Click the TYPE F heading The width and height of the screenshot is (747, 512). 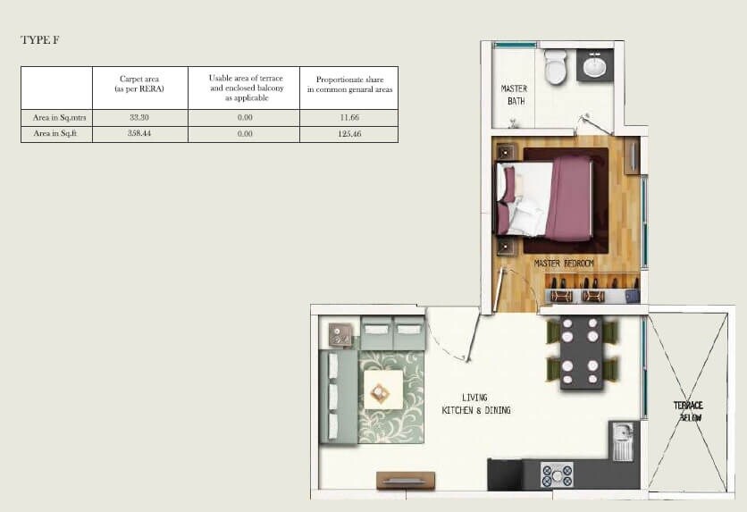tap(40, 40)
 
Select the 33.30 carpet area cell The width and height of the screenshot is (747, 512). tap(138, 117)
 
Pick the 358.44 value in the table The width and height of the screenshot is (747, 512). tap(138, 133)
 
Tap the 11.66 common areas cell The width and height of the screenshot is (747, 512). tap(348, 117)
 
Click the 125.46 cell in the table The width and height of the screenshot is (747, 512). tap(348, 133)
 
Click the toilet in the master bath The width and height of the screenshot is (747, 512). tap(555, 66)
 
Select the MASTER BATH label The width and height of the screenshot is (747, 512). tap(514, 95)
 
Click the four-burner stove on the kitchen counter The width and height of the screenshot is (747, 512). tap(557, 474)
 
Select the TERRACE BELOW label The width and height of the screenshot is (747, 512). tap(688, 411)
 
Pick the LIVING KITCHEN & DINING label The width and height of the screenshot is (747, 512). tap(474, 404)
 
